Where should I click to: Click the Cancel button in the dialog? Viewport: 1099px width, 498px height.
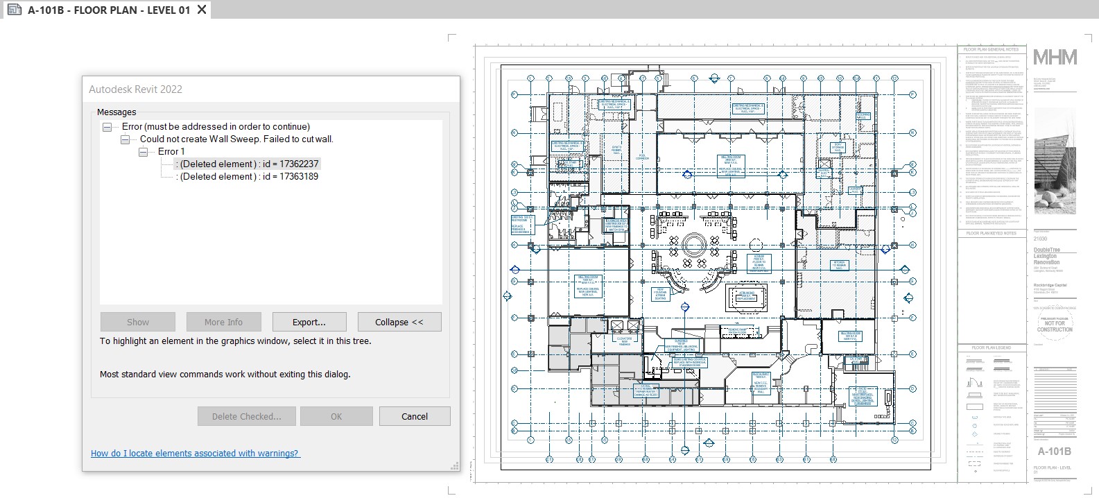[x=414, y=416]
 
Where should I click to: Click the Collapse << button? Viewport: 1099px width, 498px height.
[x=399, y=322]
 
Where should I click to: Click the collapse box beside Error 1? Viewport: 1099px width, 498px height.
[x=143, y=152]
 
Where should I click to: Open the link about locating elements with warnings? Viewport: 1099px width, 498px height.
[x=195, y=454]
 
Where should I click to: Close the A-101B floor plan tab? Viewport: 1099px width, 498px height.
[x=202, y=10]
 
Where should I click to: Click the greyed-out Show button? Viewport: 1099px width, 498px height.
[x=137, y=322]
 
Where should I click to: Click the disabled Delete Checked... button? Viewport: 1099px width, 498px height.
[x=246, y=416]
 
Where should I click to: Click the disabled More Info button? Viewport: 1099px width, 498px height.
[x=223, y=322]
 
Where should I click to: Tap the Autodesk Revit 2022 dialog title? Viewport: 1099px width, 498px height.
[x=136, y=89]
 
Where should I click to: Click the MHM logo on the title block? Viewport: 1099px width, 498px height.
[x=1055, y=58]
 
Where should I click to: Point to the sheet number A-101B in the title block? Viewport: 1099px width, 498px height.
[x=1054, y=452]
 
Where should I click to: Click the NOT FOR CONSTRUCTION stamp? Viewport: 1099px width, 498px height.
[x=1054, y=323]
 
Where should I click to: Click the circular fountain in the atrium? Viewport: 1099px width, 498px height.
[x=693, y=244]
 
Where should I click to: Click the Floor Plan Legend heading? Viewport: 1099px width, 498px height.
[x=991, y=347]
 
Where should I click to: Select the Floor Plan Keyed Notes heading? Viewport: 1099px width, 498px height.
[x=991, y=234]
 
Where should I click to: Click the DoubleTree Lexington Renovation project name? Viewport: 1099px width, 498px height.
[x=1046, y=256]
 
